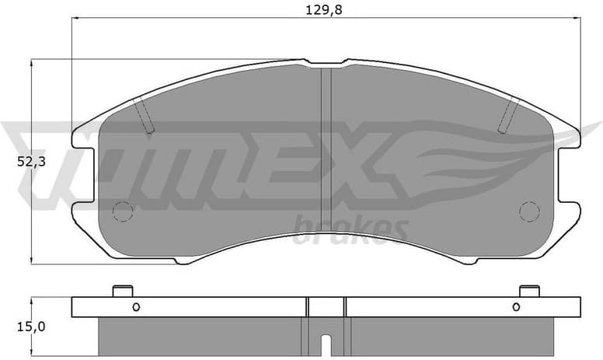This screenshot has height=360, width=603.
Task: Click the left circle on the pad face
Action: pos(123,211)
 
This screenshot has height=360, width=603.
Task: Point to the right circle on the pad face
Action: pos(529,211)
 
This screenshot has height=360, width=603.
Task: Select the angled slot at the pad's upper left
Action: pos(145,116)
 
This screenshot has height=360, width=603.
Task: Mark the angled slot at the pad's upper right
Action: pos(508,116)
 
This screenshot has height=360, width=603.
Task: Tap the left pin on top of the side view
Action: pos(123,291)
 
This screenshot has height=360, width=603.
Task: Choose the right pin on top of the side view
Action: pos(529,291)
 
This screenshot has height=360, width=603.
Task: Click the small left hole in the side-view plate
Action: pos(135,306)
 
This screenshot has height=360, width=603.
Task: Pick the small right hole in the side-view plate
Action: pos(516,306)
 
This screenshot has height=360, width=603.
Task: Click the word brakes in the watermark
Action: pos(350,229)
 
